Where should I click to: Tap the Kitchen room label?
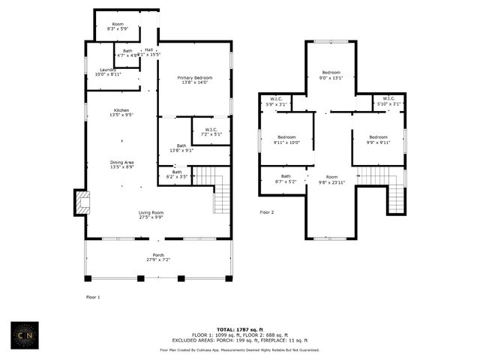(x=121, y=112)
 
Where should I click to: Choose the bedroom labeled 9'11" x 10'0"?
(x=287, y=139)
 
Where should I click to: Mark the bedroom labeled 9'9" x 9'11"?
(x=378, y=139)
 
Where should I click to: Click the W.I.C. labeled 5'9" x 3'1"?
(x=277, y=101)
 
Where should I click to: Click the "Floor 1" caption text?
(x=93, y=298)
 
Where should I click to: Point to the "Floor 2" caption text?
(x=267, y=212)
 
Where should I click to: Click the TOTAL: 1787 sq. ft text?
(x=240, y=329)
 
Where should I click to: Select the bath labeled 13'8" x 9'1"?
(x=181, y=148)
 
